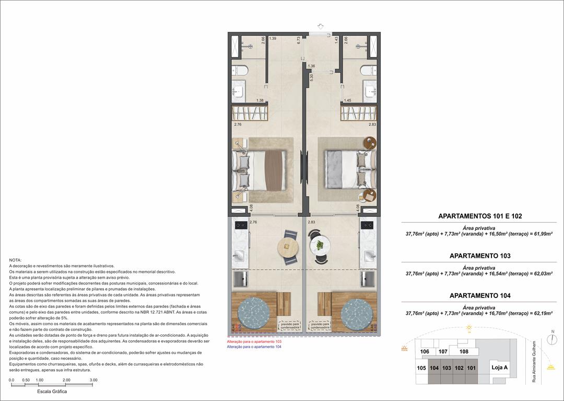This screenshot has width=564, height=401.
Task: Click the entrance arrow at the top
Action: [x=321, y=26]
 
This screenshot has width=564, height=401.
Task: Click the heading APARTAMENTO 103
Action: [x=479, y=256]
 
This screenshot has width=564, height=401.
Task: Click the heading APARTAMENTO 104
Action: [x=479, y=296]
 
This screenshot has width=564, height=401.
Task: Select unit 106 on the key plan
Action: [x=425, y=352]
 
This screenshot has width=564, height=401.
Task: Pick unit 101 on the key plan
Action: [x=472, y=368]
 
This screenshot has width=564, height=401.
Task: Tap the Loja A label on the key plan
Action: [x=500, y=368]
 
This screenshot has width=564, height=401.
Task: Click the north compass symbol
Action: [x=551, y=339]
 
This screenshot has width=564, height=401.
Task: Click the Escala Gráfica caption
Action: [x=52, y=392]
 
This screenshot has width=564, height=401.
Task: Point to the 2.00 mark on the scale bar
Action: [x=66, y=380]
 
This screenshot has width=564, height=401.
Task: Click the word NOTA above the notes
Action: [x=16, y=260]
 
